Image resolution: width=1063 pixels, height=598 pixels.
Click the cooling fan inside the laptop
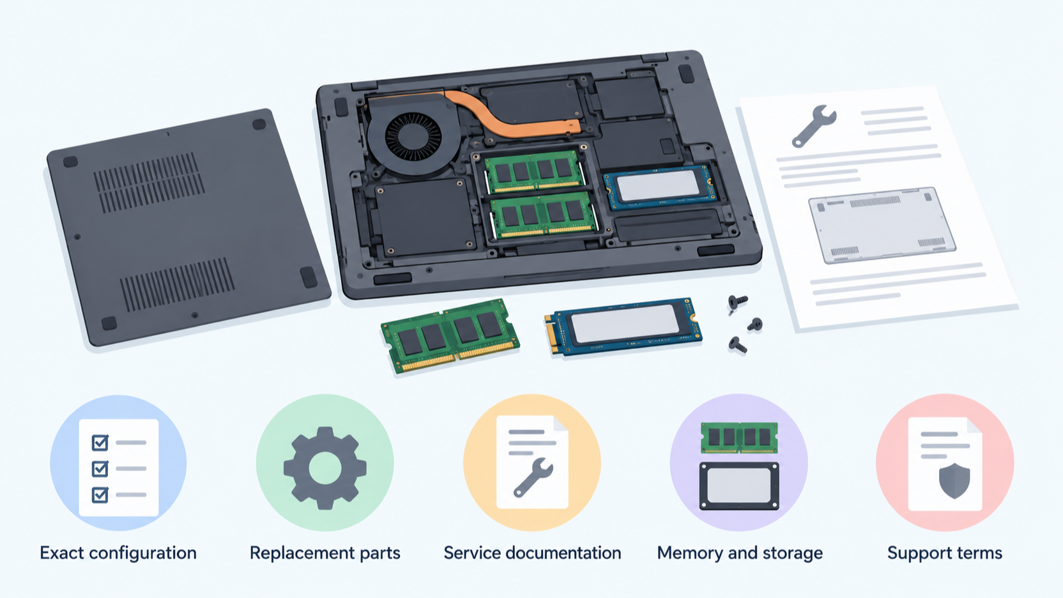413,138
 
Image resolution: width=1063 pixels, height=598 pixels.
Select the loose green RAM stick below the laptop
450,335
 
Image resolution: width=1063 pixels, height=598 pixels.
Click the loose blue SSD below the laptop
623,326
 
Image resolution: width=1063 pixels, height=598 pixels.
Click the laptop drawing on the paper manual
882,225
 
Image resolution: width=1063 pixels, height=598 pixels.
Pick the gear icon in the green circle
325,468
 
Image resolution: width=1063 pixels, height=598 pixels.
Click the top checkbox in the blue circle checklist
100,442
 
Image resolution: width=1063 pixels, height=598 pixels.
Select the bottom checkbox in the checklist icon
100,494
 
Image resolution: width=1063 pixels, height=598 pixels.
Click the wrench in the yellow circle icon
533,478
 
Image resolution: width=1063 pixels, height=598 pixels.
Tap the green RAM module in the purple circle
739,438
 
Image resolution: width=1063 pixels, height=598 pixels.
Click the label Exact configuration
118,553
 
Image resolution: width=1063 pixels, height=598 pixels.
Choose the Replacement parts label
325,553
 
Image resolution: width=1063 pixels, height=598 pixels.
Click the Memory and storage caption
740,553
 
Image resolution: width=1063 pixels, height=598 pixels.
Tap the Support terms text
945,553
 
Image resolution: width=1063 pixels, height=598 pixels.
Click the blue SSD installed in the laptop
659,187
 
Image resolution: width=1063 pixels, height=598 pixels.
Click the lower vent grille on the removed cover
177,284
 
